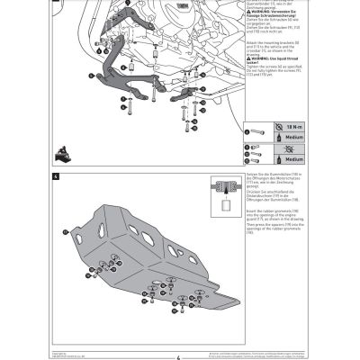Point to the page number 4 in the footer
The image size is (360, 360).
click(179, 354)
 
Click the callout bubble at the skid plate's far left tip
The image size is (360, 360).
click(66, 231)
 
